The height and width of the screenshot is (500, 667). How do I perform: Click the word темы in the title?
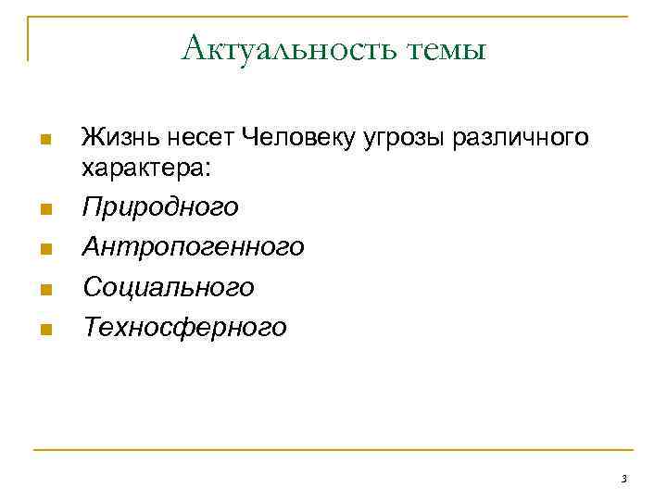446,48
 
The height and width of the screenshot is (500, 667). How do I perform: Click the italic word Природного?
159,207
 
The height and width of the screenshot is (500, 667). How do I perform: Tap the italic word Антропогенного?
193,247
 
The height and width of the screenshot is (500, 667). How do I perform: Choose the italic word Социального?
168,287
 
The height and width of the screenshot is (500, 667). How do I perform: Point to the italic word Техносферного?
183,327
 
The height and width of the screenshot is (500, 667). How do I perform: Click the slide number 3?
623,479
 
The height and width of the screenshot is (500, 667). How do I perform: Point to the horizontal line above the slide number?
333,451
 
